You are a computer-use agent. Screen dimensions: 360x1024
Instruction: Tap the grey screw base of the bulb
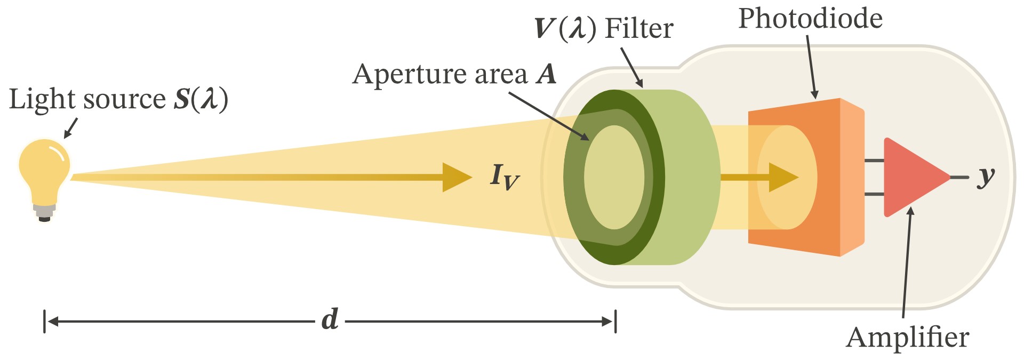[x=44, y=211]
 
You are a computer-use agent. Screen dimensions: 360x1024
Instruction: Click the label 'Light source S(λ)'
[x=118, y=99]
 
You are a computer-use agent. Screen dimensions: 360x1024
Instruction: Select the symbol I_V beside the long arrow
[x=503, y=177]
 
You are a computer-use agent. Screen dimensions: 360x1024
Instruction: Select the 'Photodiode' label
[x=810, y=19]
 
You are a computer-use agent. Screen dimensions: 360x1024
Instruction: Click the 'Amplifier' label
[x=907, y=337]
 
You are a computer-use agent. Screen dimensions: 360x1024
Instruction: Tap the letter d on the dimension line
[x=330, y=320]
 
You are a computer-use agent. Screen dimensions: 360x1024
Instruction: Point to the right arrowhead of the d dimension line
[x=608, y=322]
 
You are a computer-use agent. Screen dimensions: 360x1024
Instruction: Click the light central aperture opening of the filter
[x=614, y=177]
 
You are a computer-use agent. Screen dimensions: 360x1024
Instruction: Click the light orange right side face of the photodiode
[x=852, y=177]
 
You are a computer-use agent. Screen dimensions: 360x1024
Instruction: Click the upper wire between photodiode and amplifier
[x=874, y=161]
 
